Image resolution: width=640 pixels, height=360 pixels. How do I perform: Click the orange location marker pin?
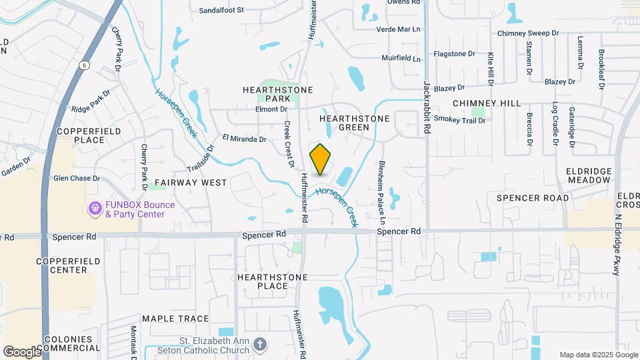(x=321, y=159)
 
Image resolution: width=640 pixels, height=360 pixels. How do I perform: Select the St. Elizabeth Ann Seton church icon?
(x=260, y=345)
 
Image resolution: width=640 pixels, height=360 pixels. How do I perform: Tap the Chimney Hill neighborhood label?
(x=486, y=103)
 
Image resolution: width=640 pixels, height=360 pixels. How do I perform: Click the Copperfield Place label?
(x=81, y=135)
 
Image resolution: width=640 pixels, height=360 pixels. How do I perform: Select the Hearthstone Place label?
(x=273, y=281)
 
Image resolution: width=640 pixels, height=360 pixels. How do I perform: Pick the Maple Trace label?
(x=175, y=319)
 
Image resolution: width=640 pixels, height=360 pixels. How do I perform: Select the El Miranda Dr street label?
(x=244, y=139)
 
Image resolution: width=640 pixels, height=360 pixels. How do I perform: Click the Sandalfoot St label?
(x=223, y=11)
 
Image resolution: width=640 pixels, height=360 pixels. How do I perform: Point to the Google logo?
(x=22, y=351)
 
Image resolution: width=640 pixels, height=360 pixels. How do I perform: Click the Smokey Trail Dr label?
(x=459, y=120)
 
